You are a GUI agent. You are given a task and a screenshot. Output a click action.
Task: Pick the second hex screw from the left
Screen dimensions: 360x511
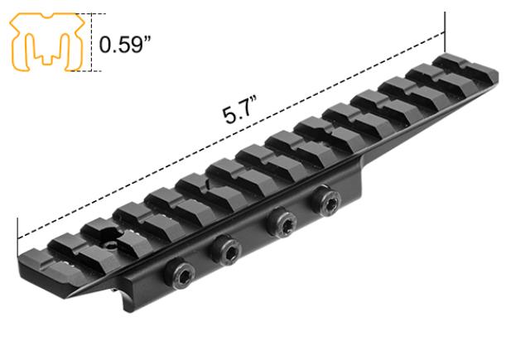point(225,246)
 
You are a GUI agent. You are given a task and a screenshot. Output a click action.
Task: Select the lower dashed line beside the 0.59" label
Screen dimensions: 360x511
point(94,70)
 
